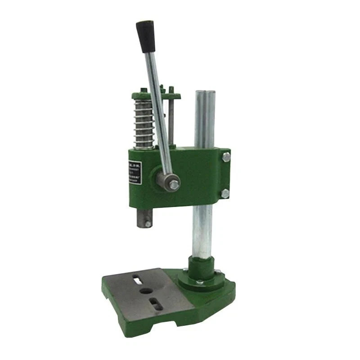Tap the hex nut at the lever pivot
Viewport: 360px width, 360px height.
point(174,184)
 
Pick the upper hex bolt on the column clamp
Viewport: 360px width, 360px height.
point(226,157)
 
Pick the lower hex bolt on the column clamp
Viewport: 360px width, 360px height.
point(225,193)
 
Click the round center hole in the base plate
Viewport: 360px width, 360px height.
point(146,291)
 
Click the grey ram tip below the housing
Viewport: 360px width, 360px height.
point(145,219)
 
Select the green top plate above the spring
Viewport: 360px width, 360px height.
point(155,96)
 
